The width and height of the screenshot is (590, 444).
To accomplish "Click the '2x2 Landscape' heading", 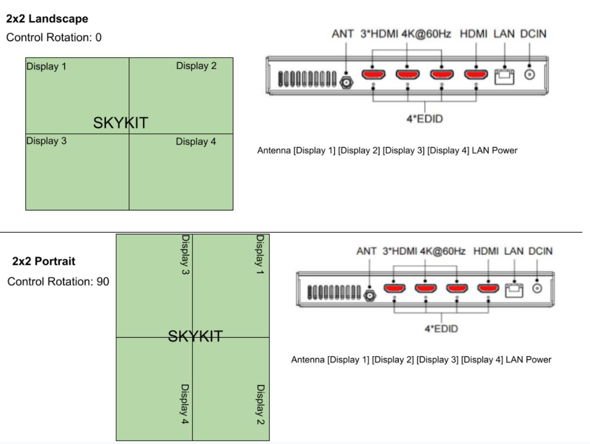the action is [x=47, y=19].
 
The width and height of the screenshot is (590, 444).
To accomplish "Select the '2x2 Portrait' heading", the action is [x=44, y=261].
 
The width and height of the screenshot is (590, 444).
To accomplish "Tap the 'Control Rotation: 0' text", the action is [x=54, y=37].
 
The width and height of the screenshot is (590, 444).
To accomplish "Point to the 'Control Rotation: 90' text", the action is [x=58, y=282].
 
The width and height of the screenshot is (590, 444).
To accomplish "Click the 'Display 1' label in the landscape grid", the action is [x=46, y=66].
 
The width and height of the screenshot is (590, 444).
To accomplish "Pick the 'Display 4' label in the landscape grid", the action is [x=196, y=141].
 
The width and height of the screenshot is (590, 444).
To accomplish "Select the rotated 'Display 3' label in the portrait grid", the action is [x=186, y=255].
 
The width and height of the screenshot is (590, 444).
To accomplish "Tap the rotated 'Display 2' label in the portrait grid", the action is [x=260, y=405].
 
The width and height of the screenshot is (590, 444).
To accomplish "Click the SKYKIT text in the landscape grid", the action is [x=121, y=123].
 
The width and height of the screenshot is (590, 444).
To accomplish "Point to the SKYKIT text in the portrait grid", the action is [x=195, y=336].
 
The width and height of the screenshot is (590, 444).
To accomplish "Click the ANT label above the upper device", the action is [x=343, y=34].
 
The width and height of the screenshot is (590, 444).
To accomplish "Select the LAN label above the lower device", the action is [x=514, y=251].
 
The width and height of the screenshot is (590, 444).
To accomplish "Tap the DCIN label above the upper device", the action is [x=533, y=34].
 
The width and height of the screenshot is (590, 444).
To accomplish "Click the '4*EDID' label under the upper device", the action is [x=425, y=119].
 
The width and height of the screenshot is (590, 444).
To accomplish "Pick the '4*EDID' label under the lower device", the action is [x=441, y=329].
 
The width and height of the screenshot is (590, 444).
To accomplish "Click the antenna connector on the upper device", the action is [x=346, y=83].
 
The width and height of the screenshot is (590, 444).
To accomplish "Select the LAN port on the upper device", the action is [x=504, y=77].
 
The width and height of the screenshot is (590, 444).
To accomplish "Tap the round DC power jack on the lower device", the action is [x=537, y=289].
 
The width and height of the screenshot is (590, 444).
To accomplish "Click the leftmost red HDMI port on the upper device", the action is [x=373, y=74].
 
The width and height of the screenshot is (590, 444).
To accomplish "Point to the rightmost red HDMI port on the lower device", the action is [x=488, y=288].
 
